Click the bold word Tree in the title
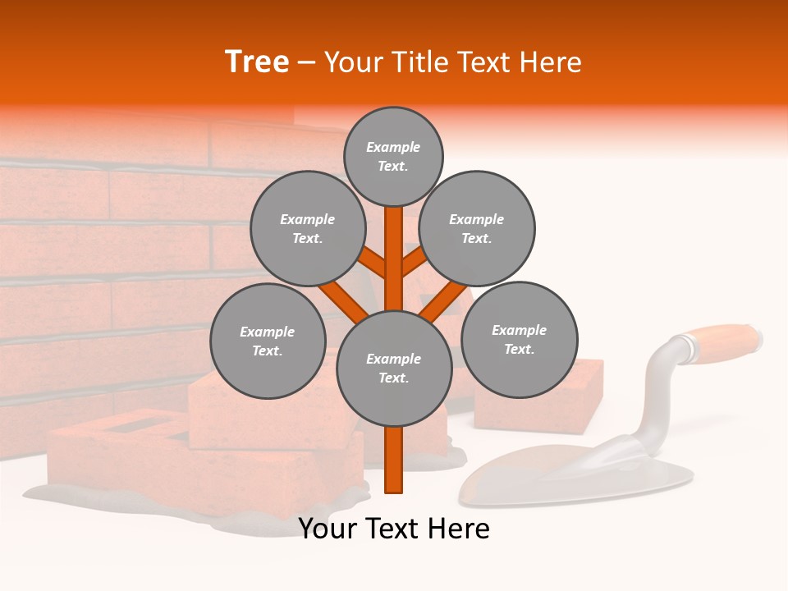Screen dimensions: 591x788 tap(257, 62)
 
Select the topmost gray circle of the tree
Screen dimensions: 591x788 tap(393, 156)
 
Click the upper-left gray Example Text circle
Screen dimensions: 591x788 tap(308, 228)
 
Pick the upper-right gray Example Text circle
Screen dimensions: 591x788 tap(477, 228)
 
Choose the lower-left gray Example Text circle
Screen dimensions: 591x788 tap(268, 341)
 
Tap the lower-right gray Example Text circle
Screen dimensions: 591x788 tap(519, 339)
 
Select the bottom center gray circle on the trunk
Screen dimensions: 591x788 tap(394, 368)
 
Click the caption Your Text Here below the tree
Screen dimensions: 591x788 tap(394, 529)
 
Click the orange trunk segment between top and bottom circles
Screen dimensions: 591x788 tap(394, 259)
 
